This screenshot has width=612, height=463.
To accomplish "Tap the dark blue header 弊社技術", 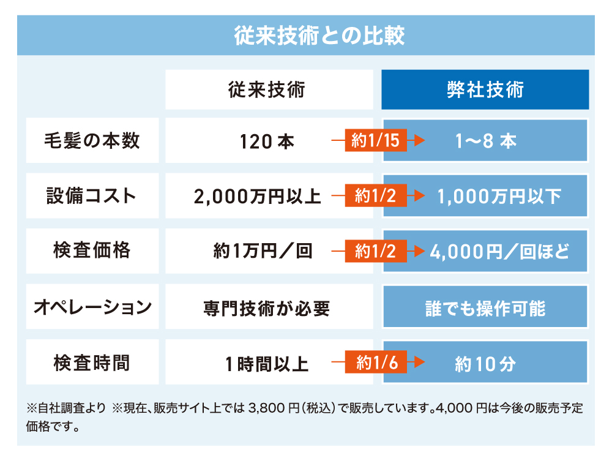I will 485,90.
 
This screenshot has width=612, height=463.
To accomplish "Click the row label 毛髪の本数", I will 92,141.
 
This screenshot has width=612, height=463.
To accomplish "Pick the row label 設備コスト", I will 92,196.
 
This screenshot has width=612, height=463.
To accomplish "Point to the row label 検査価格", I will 92,251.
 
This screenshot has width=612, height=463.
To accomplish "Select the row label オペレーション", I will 92,307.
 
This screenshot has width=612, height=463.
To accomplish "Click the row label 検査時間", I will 92,363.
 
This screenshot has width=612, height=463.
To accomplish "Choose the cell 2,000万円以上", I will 257,197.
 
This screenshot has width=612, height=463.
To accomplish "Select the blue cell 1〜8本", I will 486,141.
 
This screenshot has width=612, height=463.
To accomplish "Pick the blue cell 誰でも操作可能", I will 485,307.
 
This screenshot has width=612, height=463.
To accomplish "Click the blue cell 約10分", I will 485,364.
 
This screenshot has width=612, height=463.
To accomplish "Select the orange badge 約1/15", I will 376,141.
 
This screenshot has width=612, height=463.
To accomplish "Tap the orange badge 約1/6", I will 376,363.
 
